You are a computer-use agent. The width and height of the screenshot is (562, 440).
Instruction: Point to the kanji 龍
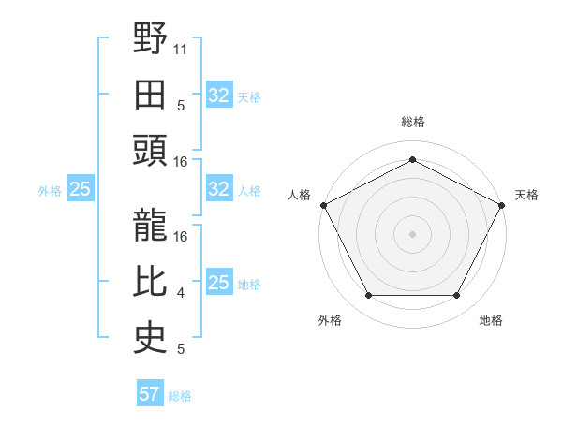coord(150,225)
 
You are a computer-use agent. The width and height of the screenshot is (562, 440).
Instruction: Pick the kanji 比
coord(150,282)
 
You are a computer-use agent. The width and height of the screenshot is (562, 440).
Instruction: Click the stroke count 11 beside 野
coord(181,48)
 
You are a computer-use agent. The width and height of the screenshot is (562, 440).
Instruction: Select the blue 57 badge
coord(150,394)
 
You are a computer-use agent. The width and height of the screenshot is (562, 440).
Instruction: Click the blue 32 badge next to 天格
coord(218,95)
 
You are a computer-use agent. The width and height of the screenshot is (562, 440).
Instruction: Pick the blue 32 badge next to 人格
coord(218,189)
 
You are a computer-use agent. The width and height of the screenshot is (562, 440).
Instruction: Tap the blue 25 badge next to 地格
coord(218,283)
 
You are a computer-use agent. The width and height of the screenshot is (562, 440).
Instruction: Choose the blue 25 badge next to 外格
coord(80,189)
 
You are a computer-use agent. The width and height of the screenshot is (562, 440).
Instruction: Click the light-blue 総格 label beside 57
coord(180,396)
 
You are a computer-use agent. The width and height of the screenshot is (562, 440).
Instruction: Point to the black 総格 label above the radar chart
coord(412,122)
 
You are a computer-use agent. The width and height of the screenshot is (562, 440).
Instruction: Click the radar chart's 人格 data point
coord(324,204)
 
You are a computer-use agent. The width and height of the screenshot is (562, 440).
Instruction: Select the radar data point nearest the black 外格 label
coord(368,296)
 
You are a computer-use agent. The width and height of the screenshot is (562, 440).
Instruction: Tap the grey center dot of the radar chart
coord(412,233)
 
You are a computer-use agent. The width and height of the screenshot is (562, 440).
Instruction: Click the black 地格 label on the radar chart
coord(491,320)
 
